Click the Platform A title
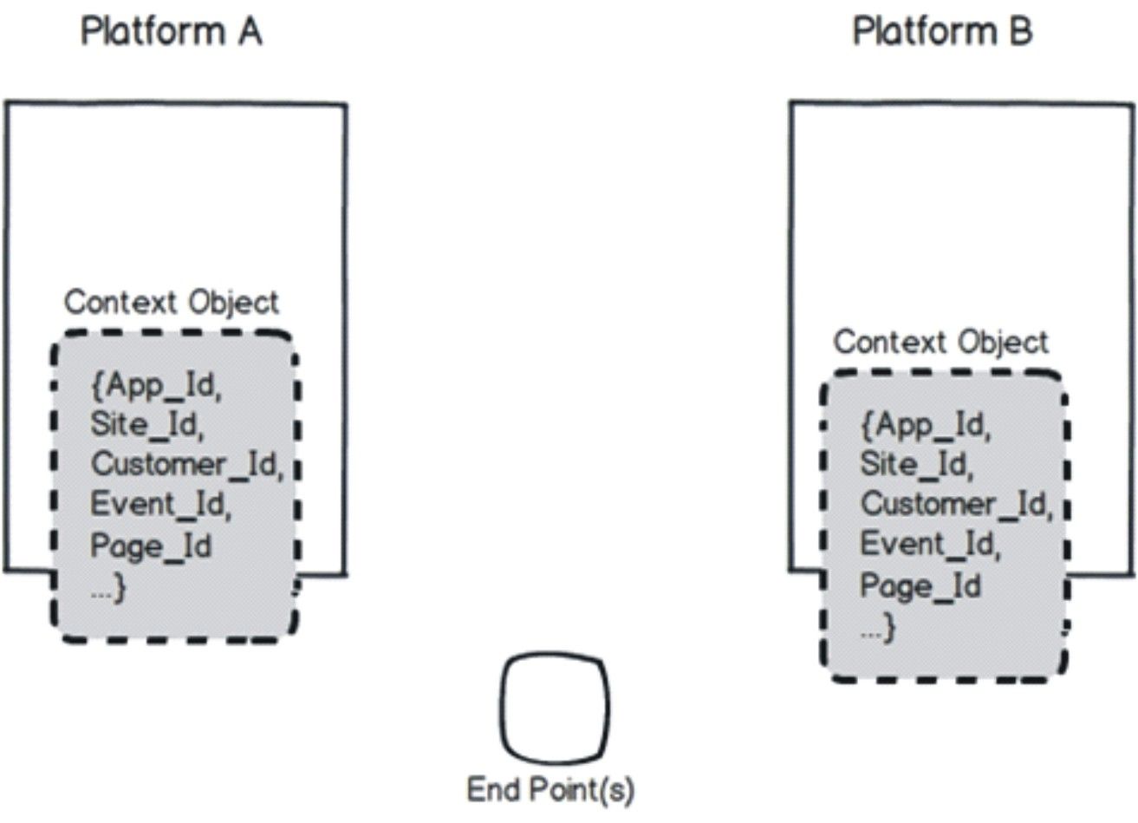pyautogui.click(x=171, y=32)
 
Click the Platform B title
pyautogui.click(x=942, y=32)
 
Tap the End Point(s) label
pyautogui.click(x=551, y=790)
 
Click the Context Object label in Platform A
pyautogui.click(x=172, y=303)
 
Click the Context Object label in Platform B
pyautogui.click(x=940, y=343)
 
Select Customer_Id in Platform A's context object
pyautogui.click(x=186, y=464)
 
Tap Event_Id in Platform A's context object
pyautogui.click(x=160, y=504)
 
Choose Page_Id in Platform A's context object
pyautogui.click(x=151, y=546)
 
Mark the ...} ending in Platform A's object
pyautogui.click(x=108, y=589)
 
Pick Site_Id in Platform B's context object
pyautogui.click(x=915, y=464)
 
